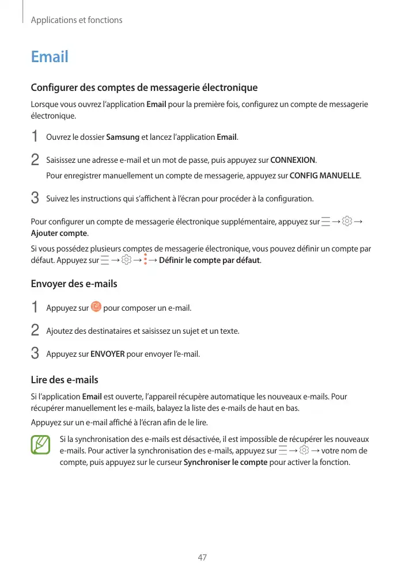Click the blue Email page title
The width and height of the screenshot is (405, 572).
[50, 57]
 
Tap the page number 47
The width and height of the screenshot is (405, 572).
[202, 557]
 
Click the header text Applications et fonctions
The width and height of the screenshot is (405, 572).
[77, 20]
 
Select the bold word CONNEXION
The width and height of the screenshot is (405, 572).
[293, 160]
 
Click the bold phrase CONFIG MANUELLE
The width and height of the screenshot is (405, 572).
[325, 175]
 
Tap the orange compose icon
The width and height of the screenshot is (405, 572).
[96, 307]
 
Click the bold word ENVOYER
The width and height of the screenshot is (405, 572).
[108, 354]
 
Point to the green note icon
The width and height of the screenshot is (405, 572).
[41, 445]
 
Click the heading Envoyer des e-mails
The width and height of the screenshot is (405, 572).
[74, 284]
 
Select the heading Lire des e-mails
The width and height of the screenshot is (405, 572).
[64, 380]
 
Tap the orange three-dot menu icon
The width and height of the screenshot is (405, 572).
[146, 260]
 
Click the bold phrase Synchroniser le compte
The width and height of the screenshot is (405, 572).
[225, 462]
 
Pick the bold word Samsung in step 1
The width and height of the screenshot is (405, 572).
[123, 137]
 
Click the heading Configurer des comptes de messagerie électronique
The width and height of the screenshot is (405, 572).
[144, 88]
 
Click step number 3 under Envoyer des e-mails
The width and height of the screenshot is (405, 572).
[35, 353]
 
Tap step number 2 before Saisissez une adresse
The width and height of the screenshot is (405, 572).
[35, 159]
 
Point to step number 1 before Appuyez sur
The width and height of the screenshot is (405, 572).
[35, 308]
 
